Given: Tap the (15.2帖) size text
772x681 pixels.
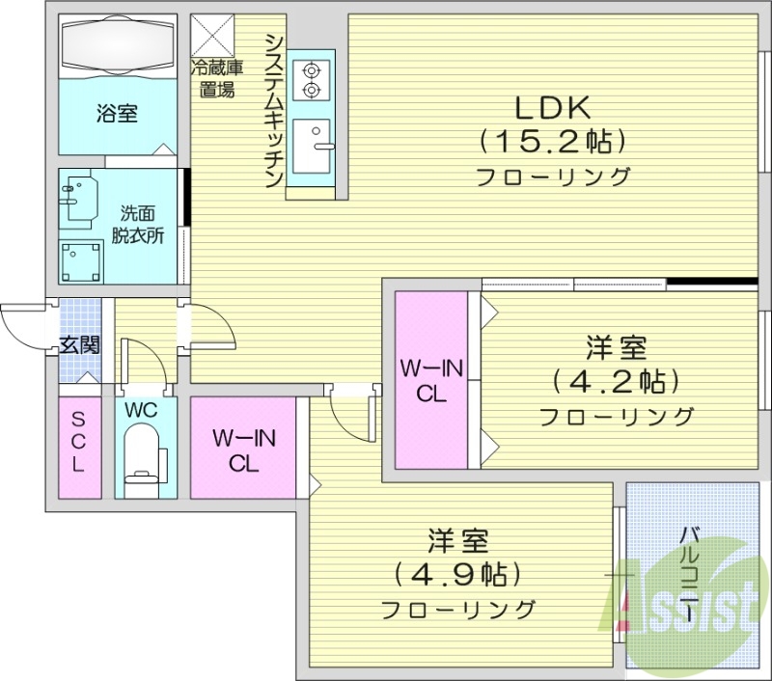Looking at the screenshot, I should coord(553,142).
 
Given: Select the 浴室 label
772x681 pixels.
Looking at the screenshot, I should coord(116,114).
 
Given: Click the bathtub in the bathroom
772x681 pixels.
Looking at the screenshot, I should coord(117,45).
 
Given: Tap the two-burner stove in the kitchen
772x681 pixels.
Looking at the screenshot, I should coord(311,80).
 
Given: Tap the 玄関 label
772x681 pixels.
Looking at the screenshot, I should coord(78,344).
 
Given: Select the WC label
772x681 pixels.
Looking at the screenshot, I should coord(142,409).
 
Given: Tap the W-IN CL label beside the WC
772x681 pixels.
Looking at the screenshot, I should coord(244,450).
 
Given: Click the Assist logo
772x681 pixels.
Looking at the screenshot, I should coord(686,602).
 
